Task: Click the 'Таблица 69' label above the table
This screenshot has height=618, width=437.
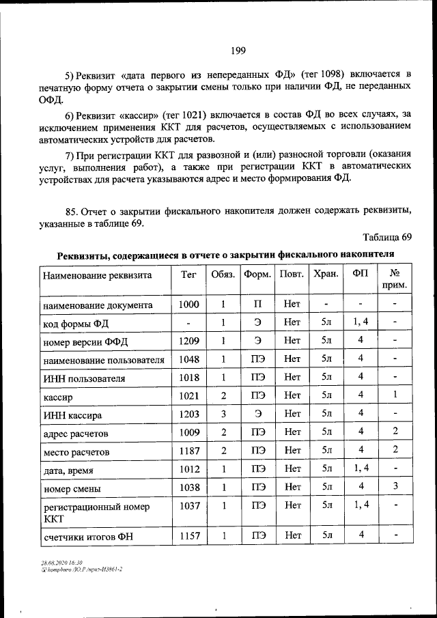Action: (388, 237)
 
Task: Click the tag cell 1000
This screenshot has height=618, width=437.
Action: (188, 304)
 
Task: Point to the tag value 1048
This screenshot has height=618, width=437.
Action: (188, 359)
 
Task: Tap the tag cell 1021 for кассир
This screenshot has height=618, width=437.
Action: (188, 395)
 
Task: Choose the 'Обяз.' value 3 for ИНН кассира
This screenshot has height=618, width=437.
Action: (223, 413)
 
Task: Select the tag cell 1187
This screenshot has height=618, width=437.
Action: (188, 451)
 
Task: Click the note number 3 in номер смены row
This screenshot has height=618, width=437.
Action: (395, 487)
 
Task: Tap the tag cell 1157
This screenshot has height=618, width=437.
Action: (188, 536)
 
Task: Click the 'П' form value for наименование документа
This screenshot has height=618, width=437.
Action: (257, 304)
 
